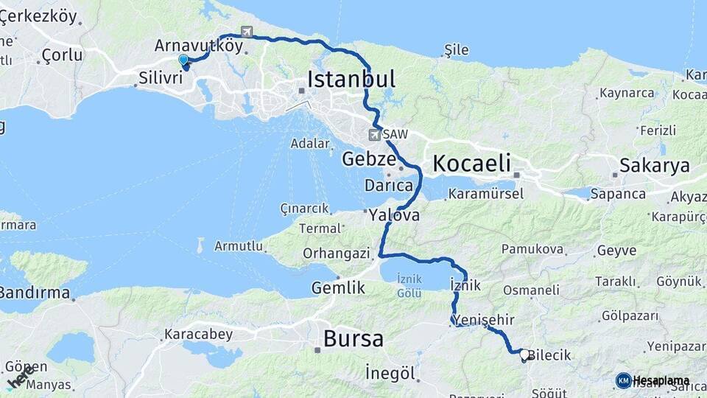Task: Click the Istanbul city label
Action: [351, 79]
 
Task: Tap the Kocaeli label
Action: [472, 163]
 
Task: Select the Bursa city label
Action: [353, 339]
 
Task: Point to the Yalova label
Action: [394, 216]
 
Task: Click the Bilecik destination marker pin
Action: [524, 355]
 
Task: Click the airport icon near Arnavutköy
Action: [245, 32]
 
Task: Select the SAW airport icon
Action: [375, 135]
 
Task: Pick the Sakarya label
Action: [655, 165]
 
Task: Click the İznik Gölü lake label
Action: [409, 284]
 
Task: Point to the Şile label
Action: [457, 50]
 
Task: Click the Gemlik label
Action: [338, 287]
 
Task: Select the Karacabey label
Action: [198, 334]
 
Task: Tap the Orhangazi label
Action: [336, 254]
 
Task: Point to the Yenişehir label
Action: [484, 319]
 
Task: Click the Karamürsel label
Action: [485, 194]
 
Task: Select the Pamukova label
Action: [533, 250]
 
